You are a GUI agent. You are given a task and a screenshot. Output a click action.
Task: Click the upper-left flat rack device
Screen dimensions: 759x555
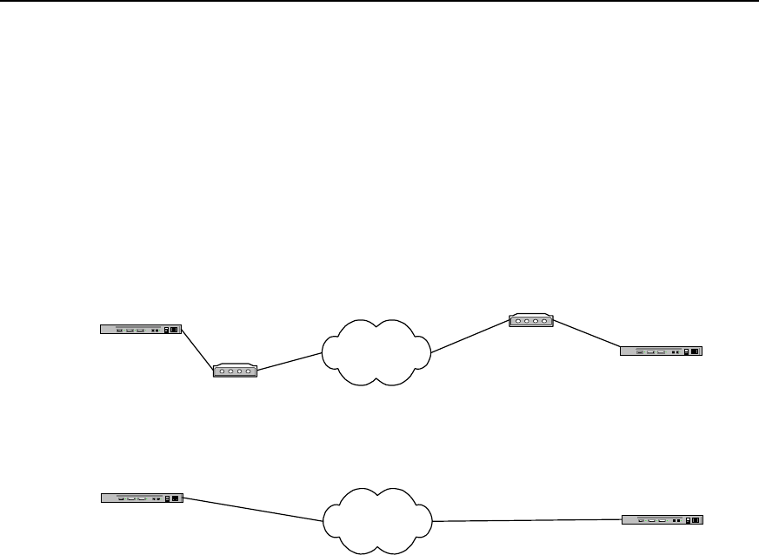click(x=140, y=330)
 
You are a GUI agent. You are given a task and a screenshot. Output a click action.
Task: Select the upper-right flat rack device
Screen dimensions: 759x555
click(x=660, y=351)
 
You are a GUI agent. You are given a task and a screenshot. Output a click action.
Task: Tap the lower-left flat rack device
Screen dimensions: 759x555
click(x=140, y=498)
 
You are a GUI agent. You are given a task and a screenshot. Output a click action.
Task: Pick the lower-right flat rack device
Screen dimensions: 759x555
click(x=662, y=520)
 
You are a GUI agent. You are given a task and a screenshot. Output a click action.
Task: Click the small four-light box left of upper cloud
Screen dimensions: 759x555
click(x=235, y=371)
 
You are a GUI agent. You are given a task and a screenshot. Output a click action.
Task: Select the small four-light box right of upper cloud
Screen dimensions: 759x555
click(x=530, y=321)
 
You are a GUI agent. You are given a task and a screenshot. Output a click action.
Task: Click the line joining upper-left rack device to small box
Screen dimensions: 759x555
click(x=198, y=347)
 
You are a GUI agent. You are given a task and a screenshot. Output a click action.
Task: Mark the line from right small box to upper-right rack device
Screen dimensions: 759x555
click(x=587, y=335)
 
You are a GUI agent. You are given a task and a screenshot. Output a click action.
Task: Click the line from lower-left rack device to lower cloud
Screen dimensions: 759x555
click(x=252, y=510)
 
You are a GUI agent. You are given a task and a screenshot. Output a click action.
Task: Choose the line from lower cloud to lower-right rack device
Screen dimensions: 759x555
click(x=527, y=521)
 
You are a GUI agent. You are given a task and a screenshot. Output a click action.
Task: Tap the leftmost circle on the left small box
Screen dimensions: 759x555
click(x=222, y=372)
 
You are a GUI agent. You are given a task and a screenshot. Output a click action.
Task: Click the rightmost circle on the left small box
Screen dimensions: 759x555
click(x=249, y=372)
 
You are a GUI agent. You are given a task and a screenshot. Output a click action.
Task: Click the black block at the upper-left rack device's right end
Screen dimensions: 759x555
click(x=174, y=330)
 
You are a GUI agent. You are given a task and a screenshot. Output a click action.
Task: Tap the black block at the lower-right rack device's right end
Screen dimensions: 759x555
click(x=695, y=520)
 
